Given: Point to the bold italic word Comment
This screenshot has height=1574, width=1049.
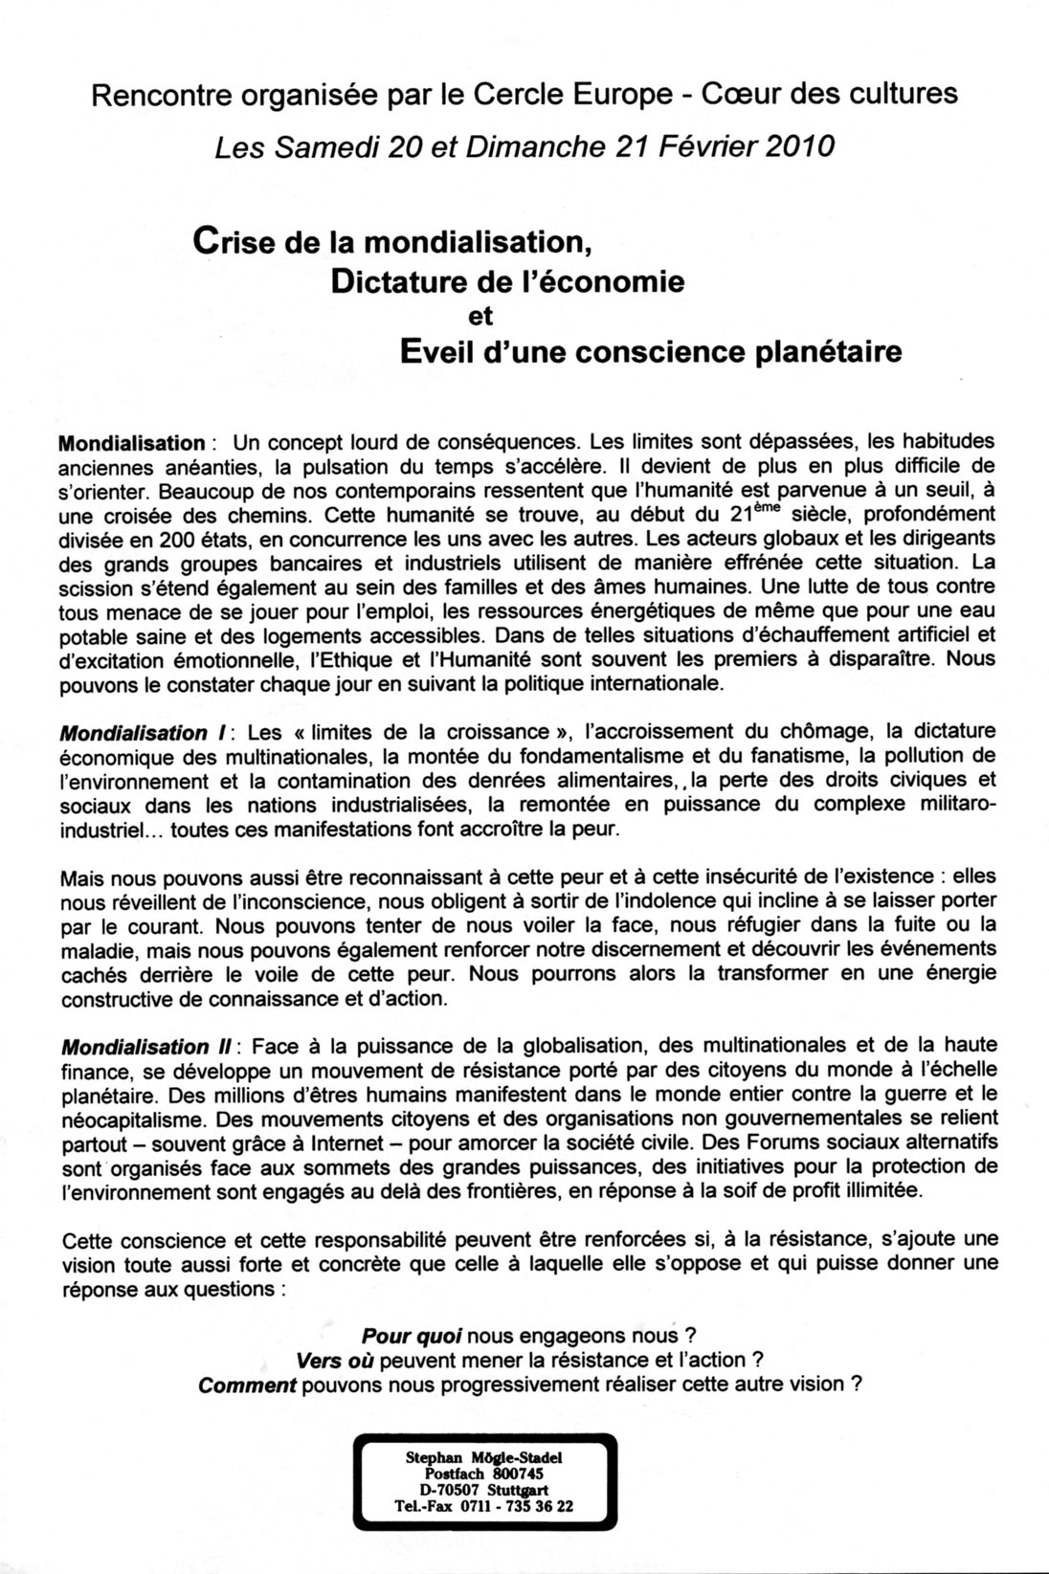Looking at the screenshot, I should (x=245, y=1385).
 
